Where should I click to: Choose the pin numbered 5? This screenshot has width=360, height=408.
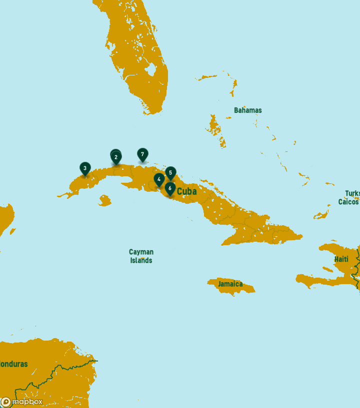(170, 173)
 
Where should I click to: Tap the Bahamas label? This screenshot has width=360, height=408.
(247, 110)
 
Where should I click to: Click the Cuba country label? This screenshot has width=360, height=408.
(186, 191)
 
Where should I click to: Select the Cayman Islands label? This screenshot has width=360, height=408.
(141, 256)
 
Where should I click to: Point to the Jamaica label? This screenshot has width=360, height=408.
(230, 284)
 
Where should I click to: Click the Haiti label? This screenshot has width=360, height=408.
(341, 259)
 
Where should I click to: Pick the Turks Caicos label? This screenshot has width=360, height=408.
(349, 198)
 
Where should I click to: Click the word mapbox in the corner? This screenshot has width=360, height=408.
(27, 402)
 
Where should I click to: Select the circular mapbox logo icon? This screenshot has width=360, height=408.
(6, 402)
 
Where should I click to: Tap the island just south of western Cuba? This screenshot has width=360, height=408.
(104, 201)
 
